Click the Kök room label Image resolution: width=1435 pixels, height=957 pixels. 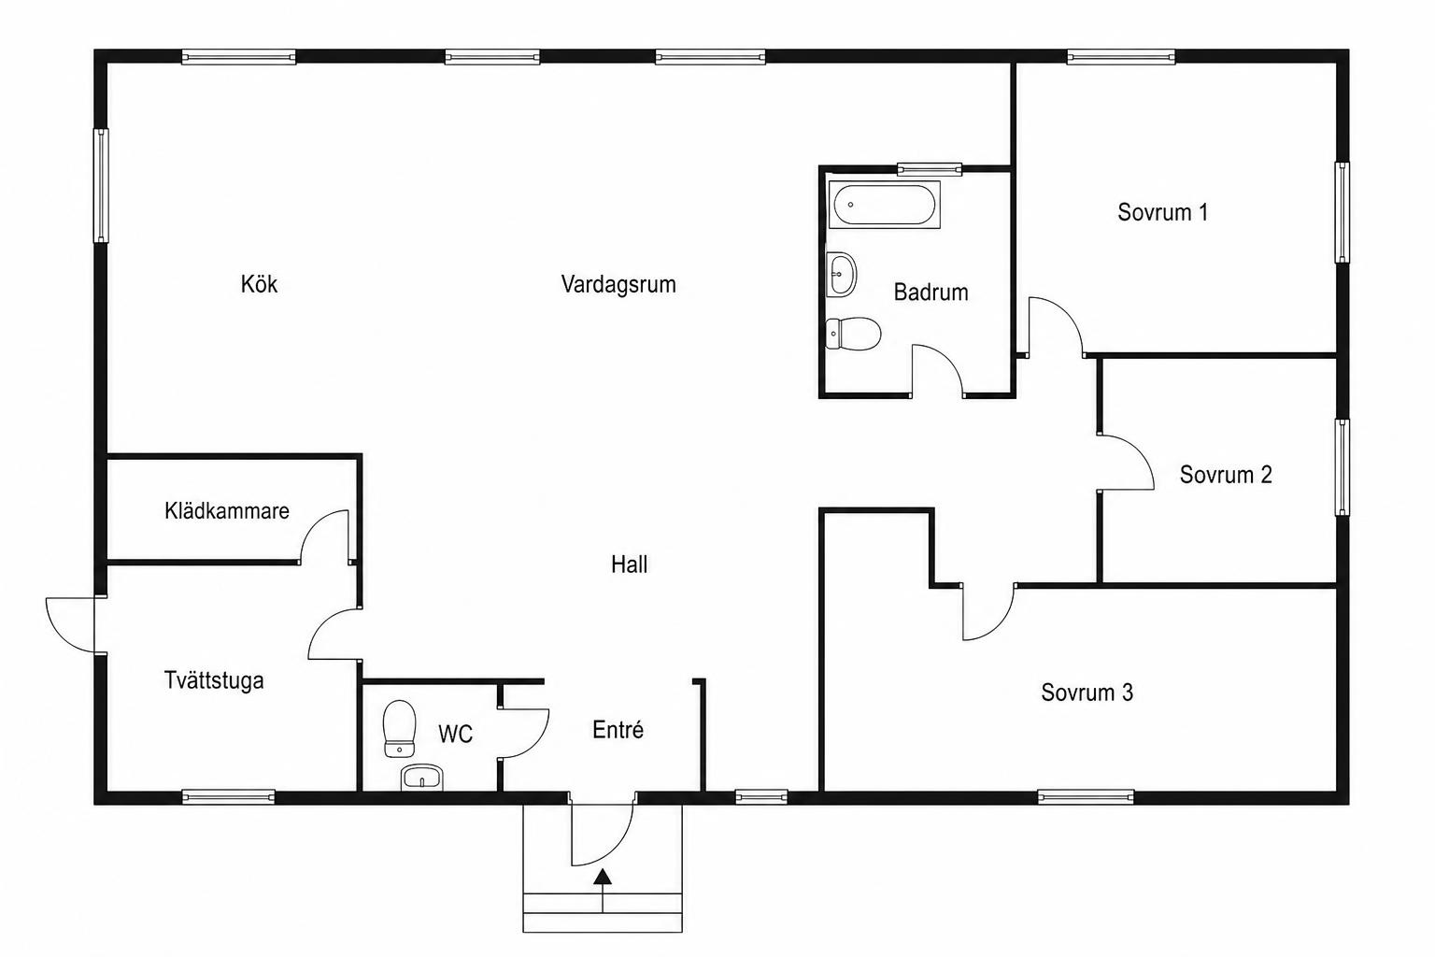[259, 284]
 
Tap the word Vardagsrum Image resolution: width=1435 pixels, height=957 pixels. [618, 284]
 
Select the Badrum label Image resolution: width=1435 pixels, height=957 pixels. [931, 293]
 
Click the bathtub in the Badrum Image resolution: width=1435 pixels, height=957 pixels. [884, 205]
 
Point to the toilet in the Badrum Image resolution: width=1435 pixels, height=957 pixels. [853, 334]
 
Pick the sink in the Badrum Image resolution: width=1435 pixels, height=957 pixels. [841, 275]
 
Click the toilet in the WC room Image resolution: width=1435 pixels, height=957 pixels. [399, 729]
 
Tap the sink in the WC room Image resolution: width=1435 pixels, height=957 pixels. [422, 778]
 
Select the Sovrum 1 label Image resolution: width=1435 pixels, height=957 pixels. [1163, 212]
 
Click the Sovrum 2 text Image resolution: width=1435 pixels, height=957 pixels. [1226, 475]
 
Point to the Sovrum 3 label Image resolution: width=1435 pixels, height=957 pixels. [1087, 693]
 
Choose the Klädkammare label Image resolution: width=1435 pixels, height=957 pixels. [227, 511]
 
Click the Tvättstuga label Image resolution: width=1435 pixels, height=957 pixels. [214, 680]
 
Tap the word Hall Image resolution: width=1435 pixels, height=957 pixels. [629, 564]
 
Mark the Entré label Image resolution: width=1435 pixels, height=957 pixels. [618, 730]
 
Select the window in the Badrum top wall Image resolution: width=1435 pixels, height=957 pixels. [929, 169]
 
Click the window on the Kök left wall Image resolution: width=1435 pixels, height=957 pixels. [101, 186]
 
